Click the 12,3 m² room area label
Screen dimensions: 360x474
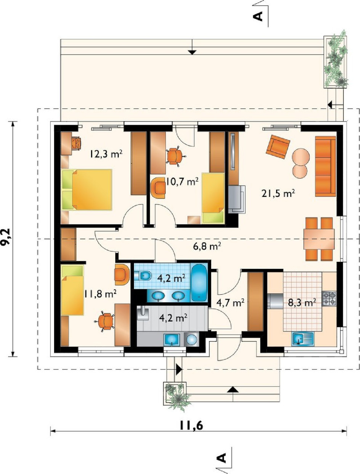pos(106,155)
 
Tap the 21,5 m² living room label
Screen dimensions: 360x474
pos(278,193)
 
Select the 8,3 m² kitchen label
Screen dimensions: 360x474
pos(302,303)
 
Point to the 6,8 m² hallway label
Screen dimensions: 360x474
pos(207,246)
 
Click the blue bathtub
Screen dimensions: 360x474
pos(199,282)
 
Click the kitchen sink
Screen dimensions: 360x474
pos(303,339)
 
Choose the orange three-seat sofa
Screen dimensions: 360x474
pos(326,166)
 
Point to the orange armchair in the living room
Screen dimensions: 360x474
pos(278,147)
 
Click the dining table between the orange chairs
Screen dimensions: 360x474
pos(319,239)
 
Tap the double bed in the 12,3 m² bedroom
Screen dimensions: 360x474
pos(87,190)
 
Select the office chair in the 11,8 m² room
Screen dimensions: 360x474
pos(105,322)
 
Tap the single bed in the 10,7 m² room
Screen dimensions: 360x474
pos(213,198)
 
